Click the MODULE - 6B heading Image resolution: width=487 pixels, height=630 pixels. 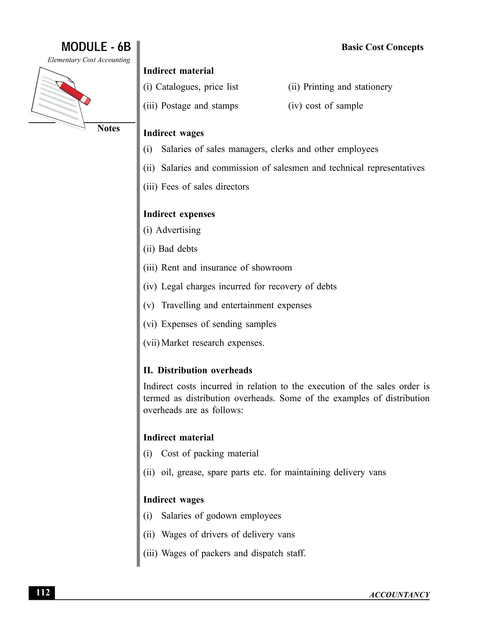(x=96, y=47)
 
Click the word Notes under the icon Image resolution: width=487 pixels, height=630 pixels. (x=108, y=128)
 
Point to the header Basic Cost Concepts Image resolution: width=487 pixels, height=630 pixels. (x=382, y=47)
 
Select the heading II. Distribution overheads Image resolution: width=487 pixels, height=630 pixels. (x=198, y=370)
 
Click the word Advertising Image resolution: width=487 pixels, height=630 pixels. (x=178, y=230)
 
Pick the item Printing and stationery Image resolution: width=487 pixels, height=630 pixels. (x=347, y=87)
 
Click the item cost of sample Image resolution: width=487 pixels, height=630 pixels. (x=334, y=106)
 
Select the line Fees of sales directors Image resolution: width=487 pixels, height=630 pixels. (x=205, y=187)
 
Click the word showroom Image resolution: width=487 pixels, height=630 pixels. (x=272, y=268)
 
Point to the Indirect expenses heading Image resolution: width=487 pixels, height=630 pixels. (x=179, y=214)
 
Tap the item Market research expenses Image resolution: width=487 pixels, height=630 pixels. (x=212, y=343)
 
